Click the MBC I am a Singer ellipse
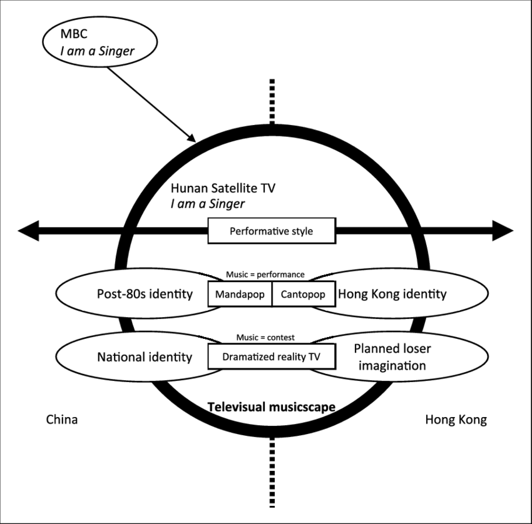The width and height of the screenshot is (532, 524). [98, 43]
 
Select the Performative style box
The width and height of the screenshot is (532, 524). [271, 231]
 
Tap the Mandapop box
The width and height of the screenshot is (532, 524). [240, 294]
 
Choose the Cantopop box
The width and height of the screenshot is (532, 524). [303, 294]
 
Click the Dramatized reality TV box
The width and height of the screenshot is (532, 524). [271, 356]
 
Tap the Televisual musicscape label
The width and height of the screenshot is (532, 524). [271, 407]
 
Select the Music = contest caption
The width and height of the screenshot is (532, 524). [265, 337]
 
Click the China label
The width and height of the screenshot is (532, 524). [62, 420]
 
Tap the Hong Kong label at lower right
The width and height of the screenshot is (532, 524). [456, 420]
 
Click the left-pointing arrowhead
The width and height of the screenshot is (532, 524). [29, 231]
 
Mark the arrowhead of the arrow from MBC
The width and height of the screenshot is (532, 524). [192, 138]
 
